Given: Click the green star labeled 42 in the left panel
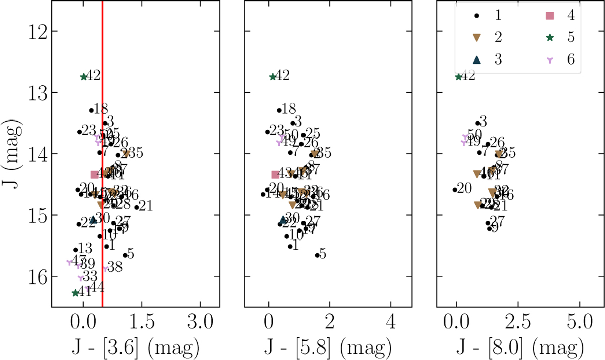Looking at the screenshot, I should pos(84,77).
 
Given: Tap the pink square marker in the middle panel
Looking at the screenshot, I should pos(275,174).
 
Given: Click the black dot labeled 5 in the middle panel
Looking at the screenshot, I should pos(318,255).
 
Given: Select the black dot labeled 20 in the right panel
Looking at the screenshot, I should pos(455,190).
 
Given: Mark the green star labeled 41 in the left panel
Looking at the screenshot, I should pos(75,293).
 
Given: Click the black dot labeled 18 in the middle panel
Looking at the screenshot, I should pos(279,110).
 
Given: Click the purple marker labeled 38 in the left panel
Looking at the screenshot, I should pos(105,269).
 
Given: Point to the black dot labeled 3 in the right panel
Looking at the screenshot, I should pos(477,123).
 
